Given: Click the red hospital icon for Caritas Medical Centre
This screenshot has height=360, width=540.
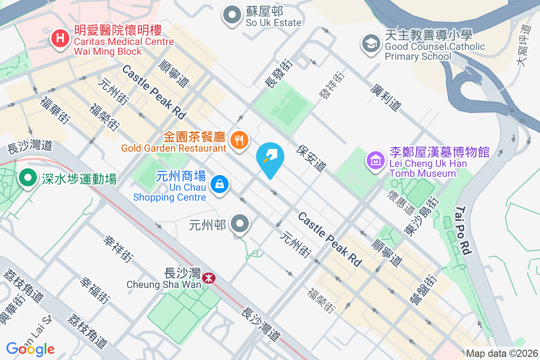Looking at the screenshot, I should coord(60,39).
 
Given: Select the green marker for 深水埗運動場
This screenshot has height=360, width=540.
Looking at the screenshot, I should coord(28,178).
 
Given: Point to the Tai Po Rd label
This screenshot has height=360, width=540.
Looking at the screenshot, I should coord(463,231).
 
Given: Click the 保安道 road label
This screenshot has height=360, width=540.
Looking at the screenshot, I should coord(311,158).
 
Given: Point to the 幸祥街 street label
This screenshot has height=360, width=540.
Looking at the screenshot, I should coord(118,249).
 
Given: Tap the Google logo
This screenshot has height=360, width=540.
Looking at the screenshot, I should coord(30,349).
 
